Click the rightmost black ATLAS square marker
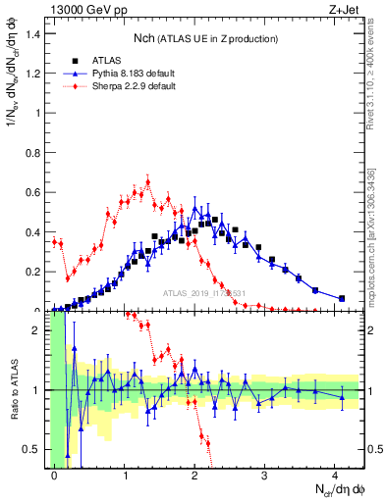(x=342, y=298)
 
